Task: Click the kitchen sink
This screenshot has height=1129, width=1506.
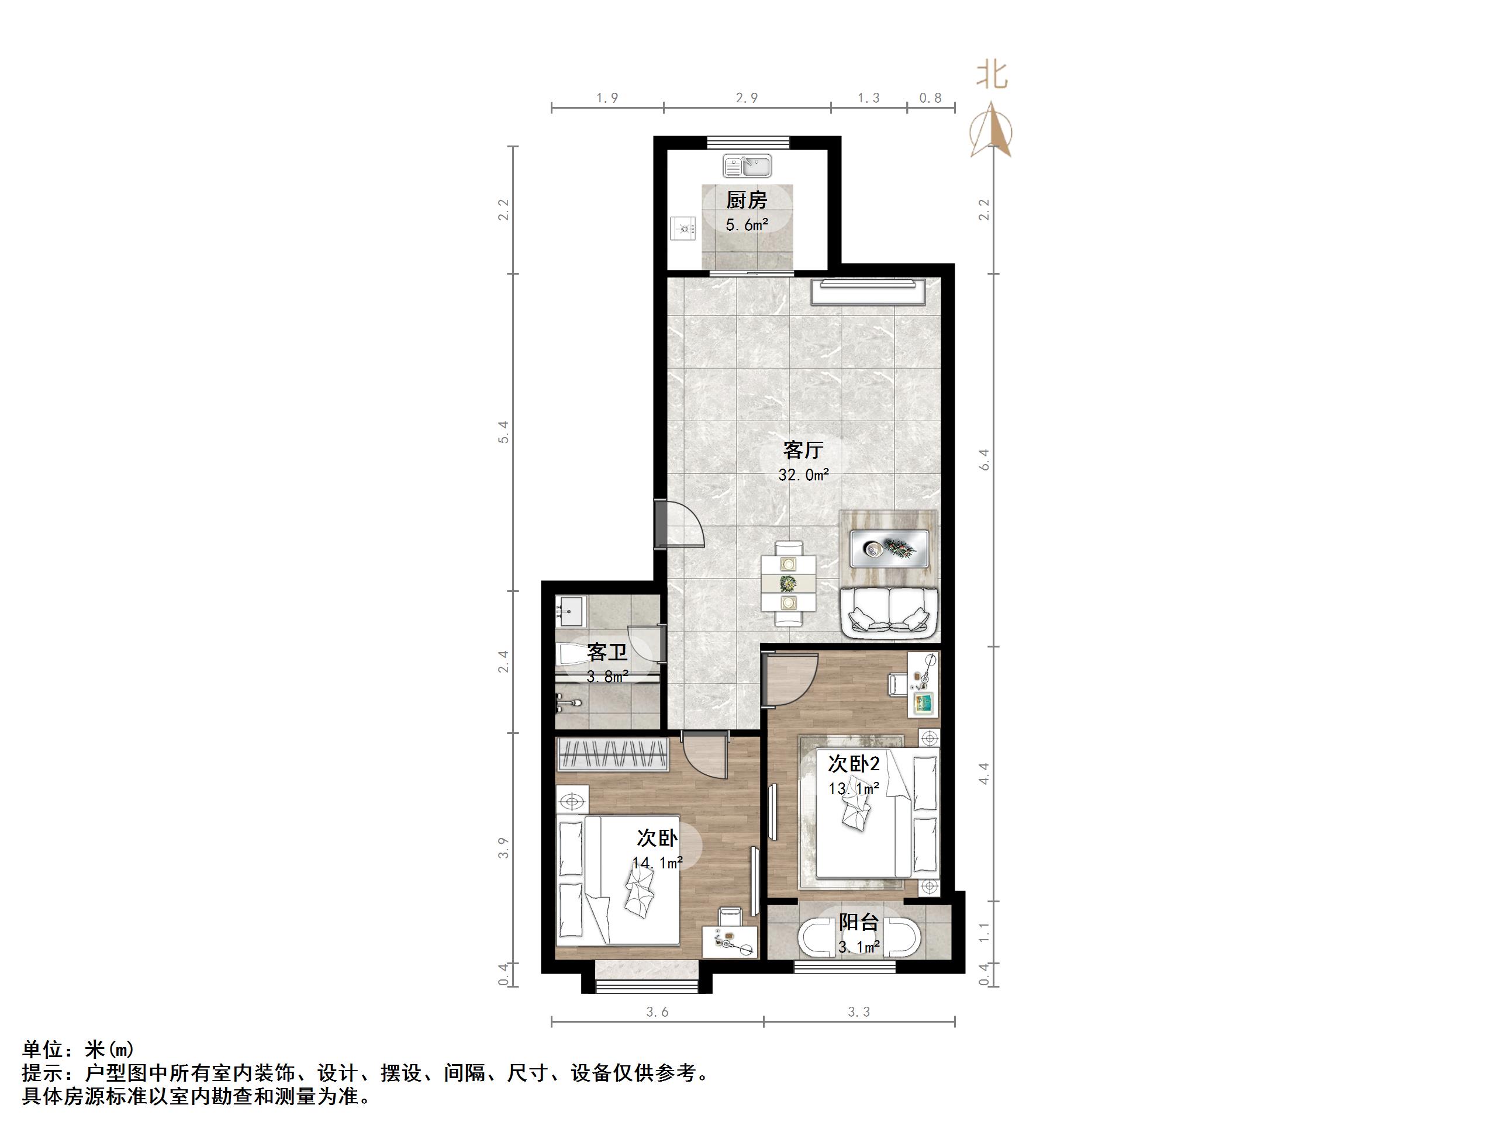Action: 747,165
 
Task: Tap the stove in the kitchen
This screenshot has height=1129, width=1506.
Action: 682,228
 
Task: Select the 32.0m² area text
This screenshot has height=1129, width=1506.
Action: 803,475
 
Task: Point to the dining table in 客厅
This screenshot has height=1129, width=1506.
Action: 789,583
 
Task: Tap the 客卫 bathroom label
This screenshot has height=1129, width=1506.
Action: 607,652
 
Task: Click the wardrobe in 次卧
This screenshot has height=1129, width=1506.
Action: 613,754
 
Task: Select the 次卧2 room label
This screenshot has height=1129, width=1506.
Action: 853,764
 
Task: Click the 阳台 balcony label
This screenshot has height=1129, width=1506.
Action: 859,923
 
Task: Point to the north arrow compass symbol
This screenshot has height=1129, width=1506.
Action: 992,129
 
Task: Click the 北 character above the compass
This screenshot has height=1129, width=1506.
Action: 992,75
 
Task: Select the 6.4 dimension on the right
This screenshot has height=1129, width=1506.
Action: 984,460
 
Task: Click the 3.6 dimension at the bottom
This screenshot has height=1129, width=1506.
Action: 657,1012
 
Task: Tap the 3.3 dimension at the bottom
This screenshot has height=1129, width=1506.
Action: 859,1012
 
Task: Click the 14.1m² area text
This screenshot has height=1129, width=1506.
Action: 657,863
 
